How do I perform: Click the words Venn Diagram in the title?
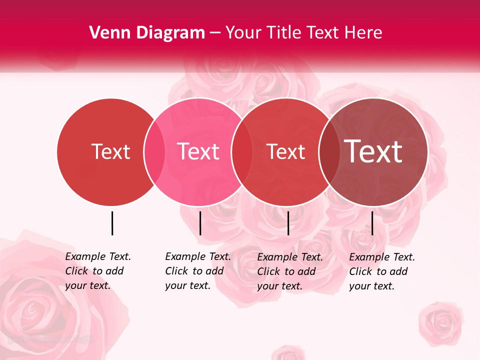tap(147, 33)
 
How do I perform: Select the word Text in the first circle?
tap(110, 151)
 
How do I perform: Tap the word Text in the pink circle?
tap(198, 151)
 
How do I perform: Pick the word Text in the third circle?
tap(285, 151)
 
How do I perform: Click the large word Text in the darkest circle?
tap(373, 151)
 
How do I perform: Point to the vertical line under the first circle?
tap(112, 223)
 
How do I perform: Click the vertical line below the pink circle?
tap(200, 223)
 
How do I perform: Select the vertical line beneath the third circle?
tap(288, 223)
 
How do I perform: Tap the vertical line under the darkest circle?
tap(372, 223)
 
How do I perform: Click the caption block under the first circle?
tap(98, 271)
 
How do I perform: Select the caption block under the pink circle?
tap(198, 271)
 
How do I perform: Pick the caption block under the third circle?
tap(290, 271)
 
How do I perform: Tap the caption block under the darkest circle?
tap(382, 271)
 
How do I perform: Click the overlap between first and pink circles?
tap(154, 151)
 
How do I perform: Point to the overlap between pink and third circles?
tap(242, 151)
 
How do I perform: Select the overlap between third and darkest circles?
tap(329, 151)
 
